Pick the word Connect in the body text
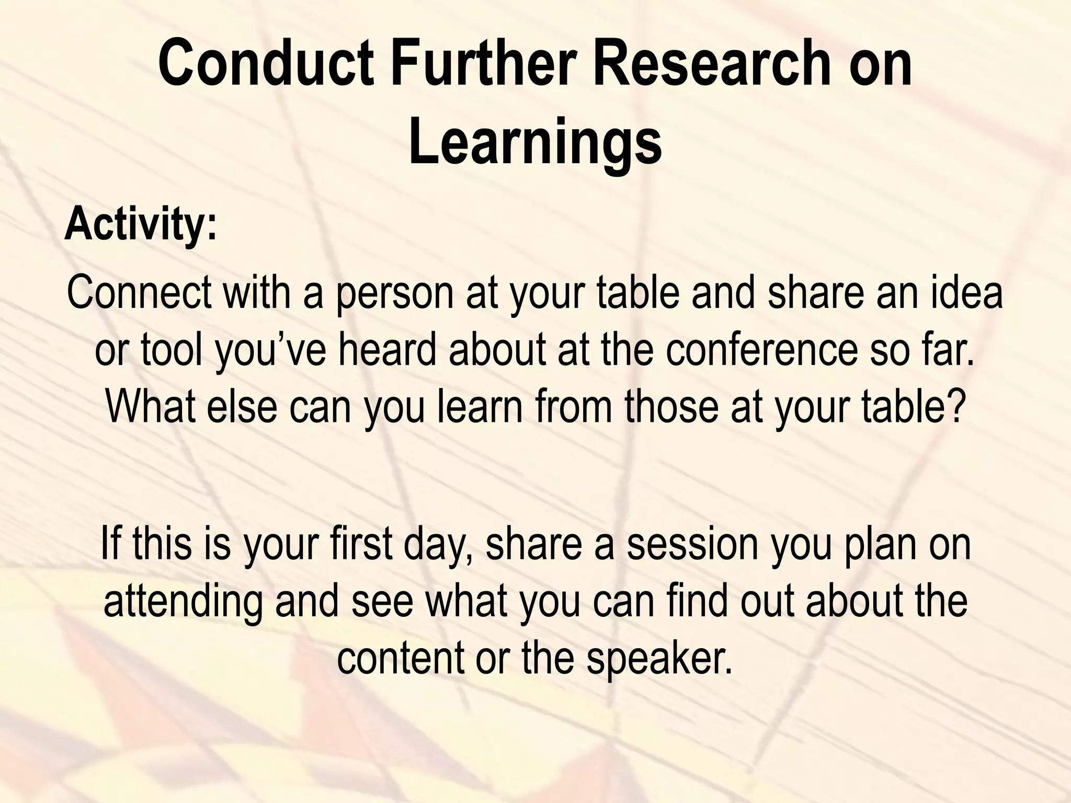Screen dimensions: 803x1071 pos(139,293)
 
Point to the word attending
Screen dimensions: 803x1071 pos(183,601)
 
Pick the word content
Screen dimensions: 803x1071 pos(400,658)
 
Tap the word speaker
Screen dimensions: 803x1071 pos(659,658)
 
